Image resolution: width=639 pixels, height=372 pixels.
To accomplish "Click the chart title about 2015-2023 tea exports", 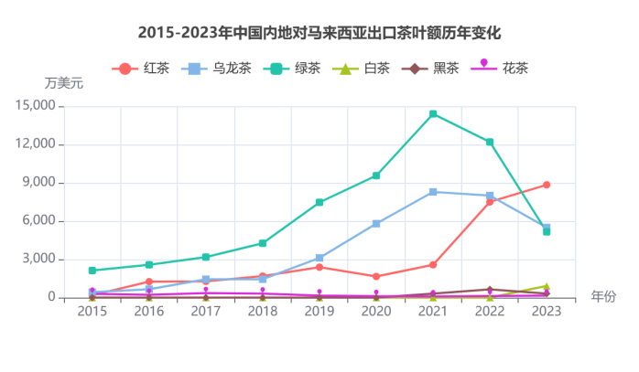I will pyautogui.click(x=319, y=33).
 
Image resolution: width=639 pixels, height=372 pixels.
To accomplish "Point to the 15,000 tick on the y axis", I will pyautogui.click(x=36, y=106).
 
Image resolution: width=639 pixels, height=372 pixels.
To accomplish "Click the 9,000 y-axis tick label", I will pyautogui.click(x=39, y=183).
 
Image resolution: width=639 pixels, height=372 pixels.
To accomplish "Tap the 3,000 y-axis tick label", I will pyautogui.click(x=39, y=260).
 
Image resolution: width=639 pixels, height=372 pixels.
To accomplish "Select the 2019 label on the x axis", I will pyautogui.click(x=319, y=312).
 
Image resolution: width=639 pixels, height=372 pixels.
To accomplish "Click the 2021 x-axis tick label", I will pyautogui.click(x=432, y=312).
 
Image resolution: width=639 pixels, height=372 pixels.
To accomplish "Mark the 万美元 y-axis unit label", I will pyautogui.click(x=64, y=83).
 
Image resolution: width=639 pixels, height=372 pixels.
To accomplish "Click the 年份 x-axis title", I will pyautogui.click(x=603, y=296).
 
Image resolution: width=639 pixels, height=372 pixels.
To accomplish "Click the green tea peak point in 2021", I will pyautogui.click(x=432, y=114).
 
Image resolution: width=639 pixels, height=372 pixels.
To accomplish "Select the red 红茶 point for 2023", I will pyautogui.click(x=546, y=185).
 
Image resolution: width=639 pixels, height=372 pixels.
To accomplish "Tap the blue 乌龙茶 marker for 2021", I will pyautogui.click(x=432, y=192).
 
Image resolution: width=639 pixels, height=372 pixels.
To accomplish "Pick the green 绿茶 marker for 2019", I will pyautogui.click(x=319, y=202).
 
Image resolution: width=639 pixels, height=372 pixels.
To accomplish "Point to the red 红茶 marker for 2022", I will pyautogui.click(x=490, y=201).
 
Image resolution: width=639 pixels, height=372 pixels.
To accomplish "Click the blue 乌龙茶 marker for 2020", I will pyautogui.click(x=375, y=223).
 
